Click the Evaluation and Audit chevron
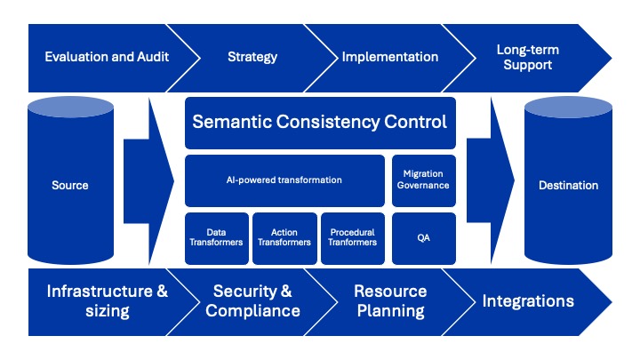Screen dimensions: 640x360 (x=107, y=58)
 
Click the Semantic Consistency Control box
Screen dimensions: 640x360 (x=320, y=123)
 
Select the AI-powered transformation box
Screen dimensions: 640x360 (x=284, y=180)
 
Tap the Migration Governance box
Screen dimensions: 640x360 (x=424, y=180)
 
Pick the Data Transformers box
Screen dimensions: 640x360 (x=217, y=238)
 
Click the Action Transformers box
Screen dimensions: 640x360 (x=284, y=238)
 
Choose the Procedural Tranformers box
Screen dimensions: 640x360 (x=353, y=238)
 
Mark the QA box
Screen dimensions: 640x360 (x=424, y=238)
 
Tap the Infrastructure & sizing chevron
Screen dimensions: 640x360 (x=107, y=302)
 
